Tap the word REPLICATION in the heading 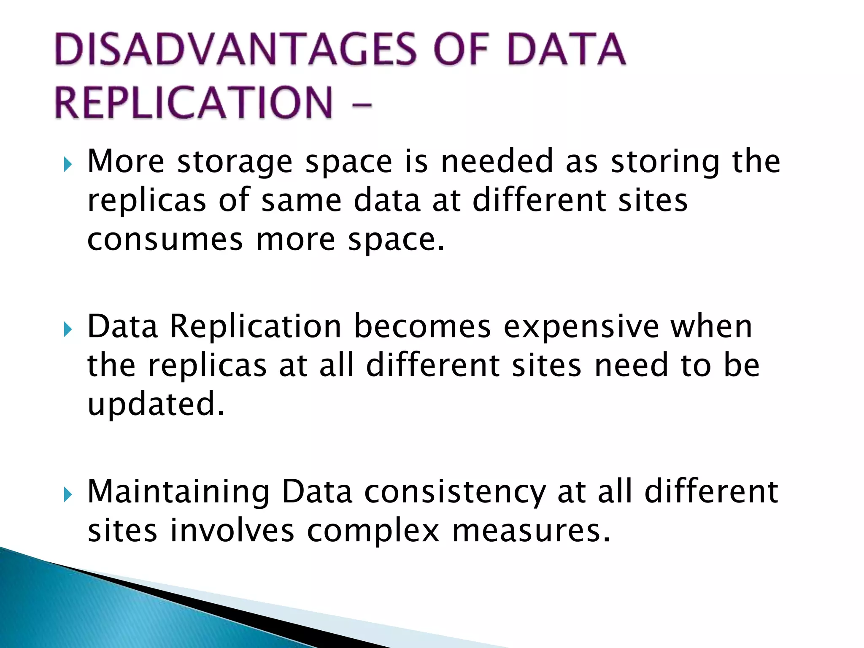194,103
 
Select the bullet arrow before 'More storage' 67,164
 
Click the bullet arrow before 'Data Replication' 67,329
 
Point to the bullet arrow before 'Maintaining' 67,494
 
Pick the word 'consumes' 165,240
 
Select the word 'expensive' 581,327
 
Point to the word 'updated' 155,404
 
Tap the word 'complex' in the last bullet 373,532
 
